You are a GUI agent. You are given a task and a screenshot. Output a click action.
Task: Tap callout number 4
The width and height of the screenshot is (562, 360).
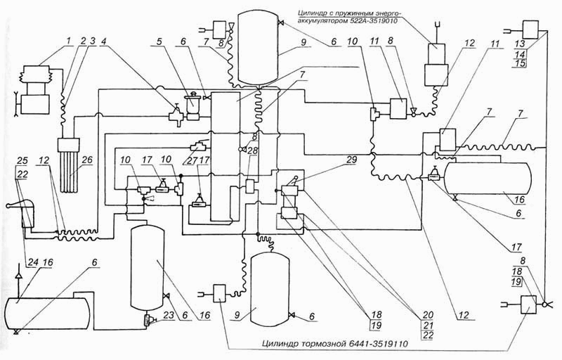(x=104, y=41)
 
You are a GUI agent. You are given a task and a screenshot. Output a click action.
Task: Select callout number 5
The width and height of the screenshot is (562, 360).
(x=159, y=41)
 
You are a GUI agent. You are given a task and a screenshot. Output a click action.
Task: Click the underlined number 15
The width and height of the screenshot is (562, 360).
(x=521, y=63)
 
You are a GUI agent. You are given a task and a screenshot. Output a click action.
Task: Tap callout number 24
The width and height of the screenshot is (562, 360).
(x=31, y=262)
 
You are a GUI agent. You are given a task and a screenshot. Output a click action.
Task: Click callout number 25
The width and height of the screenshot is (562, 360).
(x=22, y=160)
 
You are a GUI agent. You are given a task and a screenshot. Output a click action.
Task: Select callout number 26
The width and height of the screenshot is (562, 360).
(x=86, y=160)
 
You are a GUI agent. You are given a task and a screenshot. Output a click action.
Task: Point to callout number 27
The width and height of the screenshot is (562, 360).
(x=192, y=160)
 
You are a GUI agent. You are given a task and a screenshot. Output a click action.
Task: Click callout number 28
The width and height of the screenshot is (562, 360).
(x=252, y=150)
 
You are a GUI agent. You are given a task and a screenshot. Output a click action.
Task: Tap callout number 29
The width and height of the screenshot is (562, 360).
(x=352, y=160)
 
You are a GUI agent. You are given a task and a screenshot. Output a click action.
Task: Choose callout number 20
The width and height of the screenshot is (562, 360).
(x=428, y=315)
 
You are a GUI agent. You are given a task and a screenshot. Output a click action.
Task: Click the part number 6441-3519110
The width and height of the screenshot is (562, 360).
(x=378, y=345)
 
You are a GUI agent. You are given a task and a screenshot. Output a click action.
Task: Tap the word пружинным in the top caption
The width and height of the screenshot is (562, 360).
(x=342, y=13)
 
